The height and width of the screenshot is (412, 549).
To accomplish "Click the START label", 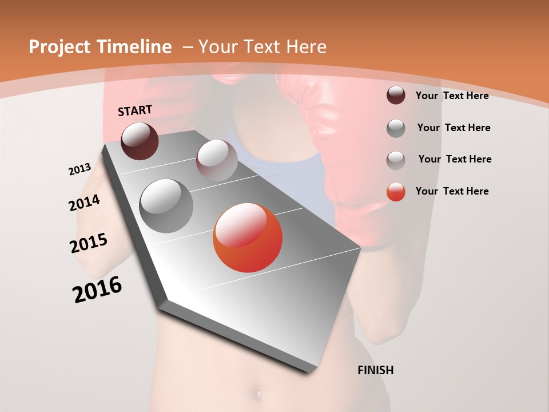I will [135, 110].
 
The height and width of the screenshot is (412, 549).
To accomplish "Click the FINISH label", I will [375, 370].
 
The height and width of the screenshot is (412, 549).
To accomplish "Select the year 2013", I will [79, 169].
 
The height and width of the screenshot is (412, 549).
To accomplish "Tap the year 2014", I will [84, 203].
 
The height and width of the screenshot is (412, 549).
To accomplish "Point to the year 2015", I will [89, 243].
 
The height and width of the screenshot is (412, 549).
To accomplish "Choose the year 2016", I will [97, 290].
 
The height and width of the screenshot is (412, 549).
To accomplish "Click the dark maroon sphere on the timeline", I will [140, 141].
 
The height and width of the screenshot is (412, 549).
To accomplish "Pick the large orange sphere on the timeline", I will [248, 237].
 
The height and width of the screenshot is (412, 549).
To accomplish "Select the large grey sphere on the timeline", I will [166, 206].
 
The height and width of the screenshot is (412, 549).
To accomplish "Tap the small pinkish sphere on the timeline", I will [217, 160].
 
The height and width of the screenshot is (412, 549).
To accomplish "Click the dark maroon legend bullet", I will [396, 96].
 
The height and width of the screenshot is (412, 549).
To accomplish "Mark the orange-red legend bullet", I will [396, 192].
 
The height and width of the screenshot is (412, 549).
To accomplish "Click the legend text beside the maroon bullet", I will [452, 96].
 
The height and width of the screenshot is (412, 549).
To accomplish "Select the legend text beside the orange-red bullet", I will [452, 191].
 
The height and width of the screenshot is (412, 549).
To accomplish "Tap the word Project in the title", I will [59, 47].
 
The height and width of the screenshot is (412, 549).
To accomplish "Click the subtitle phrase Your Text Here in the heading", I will [262, 47].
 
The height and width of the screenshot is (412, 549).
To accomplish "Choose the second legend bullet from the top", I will [396, 128].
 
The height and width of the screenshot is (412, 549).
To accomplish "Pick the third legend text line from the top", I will [455, 159].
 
